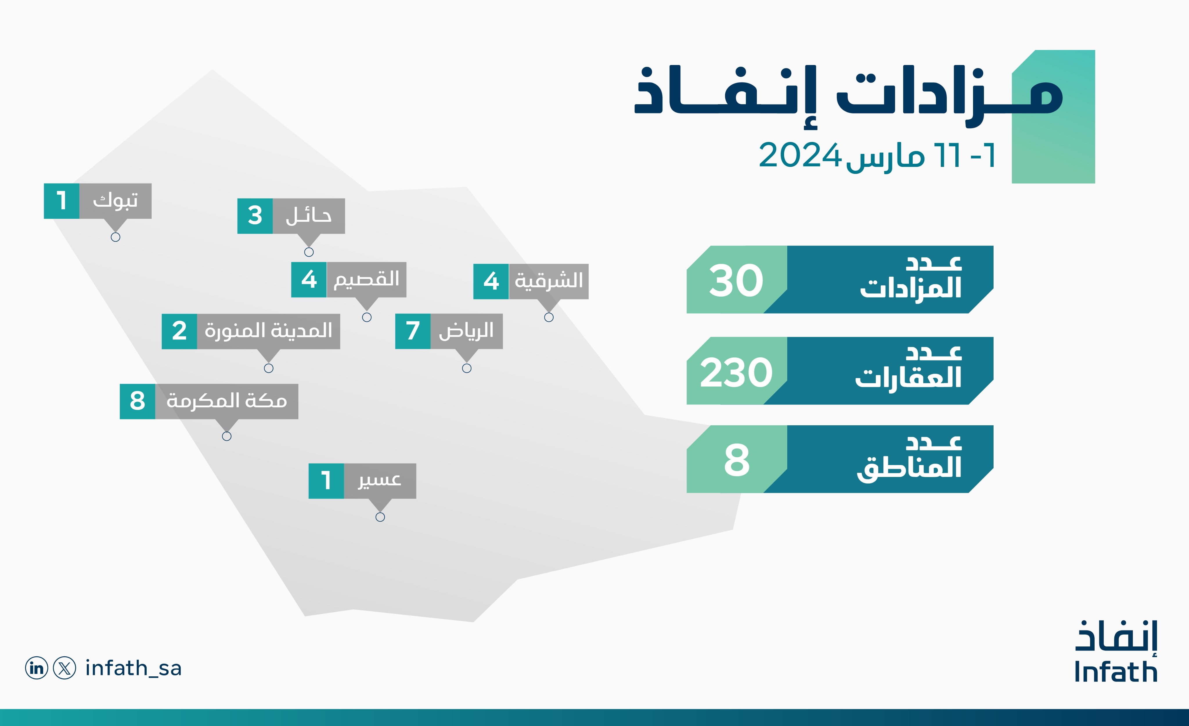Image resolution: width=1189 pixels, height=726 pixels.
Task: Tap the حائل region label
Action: coord(308,216)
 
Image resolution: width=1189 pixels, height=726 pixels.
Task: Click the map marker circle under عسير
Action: coord(380,517)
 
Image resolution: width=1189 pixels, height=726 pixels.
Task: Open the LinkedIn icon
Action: coord(37,668)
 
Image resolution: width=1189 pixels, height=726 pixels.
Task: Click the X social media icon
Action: coord(64,668)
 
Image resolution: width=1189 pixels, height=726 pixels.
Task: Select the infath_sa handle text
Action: coord(133,668)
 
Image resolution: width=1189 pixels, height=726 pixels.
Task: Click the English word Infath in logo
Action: coord(1116,672)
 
